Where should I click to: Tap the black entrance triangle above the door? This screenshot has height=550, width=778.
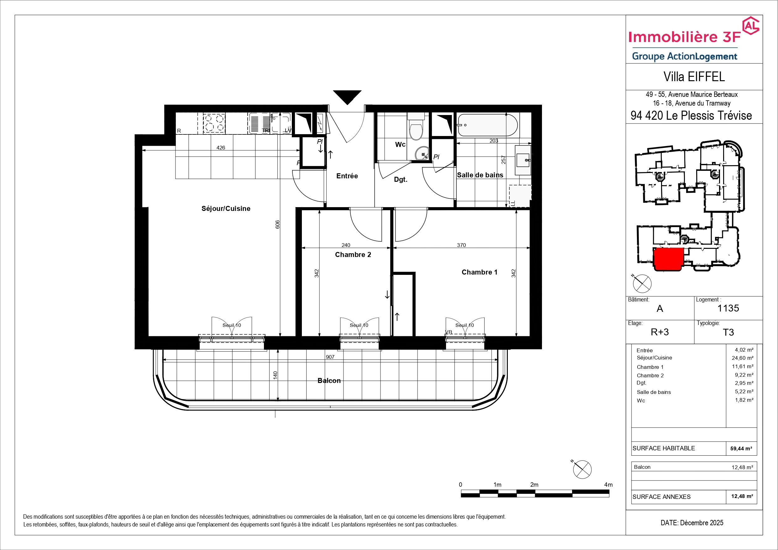(347, 97)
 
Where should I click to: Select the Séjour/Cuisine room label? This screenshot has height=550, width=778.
(226, 209)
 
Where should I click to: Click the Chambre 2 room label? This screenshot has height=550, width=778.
(353, 254)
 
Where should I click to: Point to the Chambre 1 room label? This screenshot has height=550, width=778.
(480, 272)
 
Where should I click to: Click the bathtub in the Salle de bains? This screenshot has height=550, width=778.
(487, 125)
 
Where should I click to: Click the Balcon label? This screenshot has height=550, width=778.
(329, 380)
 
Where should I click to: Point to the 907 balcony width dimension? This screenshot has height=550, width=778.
(330, 357)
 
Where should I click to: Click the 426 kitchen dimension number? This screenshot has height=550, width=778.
(221, 148)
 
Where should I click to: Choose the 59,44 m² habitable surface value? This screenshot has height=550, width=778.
(741, 449)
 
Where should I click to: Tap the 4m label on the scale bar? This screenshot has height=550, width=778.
(608, 485)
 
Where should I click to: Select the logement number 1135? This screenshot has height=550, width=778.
(728, 308)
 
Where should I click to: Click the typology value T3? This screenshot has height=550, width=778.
(728, 332)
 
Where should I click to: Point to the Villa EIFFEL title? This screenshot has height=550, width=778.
(694, 77)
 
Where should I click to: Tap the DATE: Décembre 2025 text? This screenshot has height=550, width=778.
(692, 523)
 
